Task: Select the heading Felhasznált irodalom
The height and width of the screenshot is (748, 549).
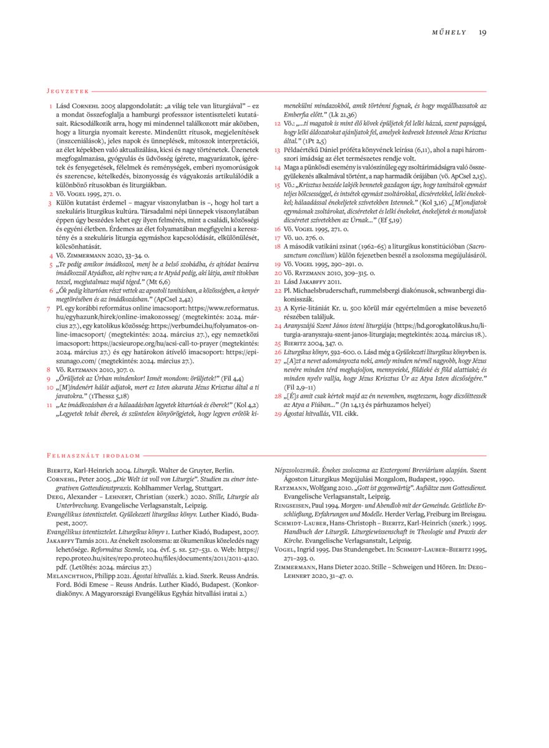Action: [x=94, y=456]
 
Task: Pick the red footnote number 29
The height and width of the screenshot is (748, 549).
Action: [x=278, y=413]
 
